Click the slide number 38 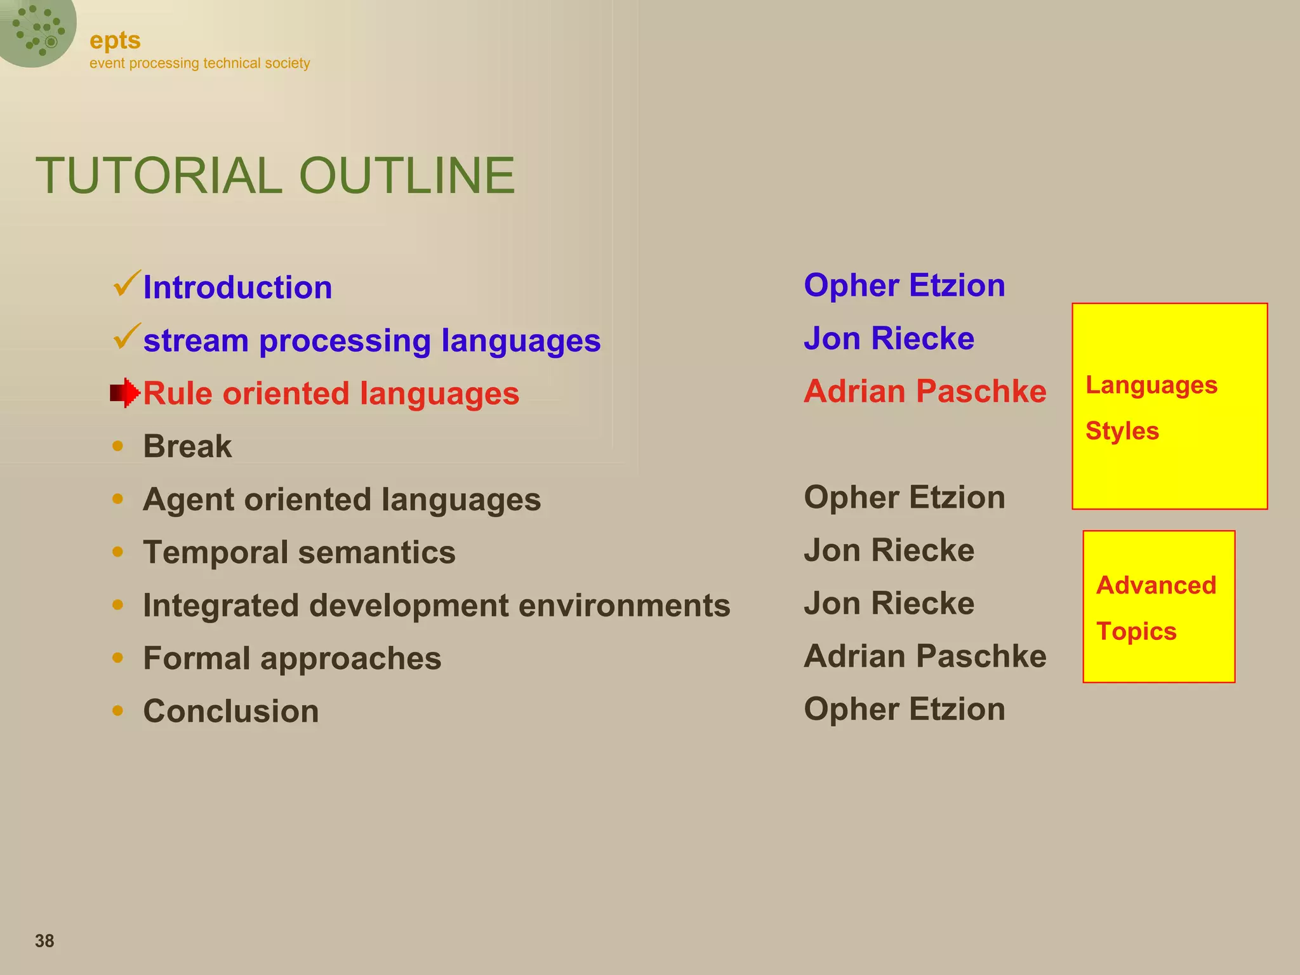(44, 941)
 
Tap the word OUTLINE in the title (407, 176)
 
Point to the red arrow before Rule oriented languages (124, 393)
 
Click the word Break (187, 446)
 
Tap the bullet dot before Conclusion (117, 710)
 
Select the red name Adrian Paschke (925, 391)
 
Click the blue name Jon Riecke (889, 338)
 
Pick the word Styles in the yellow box (1122, 431)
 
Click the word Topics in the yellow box (1136, 632)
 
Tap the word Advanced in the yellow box (1156, 585)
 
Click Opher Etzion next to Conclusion (904, 709)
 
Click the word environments (624, 606)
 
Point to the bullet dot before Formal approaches (117, 658)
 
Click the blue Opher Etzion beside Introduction (904, 285)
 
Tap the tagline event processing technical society (199, 63)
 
